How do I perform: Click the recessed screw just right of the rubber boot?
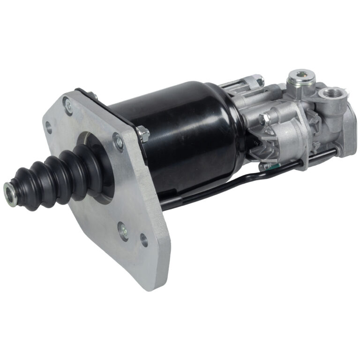pyautogui.click(x=118, y=139)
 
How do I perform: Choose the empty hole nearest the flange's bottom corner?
pyautogui.click(x=144, y=240)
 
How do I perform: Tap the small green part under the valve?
pyautogui.click(x=265, y=165)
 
